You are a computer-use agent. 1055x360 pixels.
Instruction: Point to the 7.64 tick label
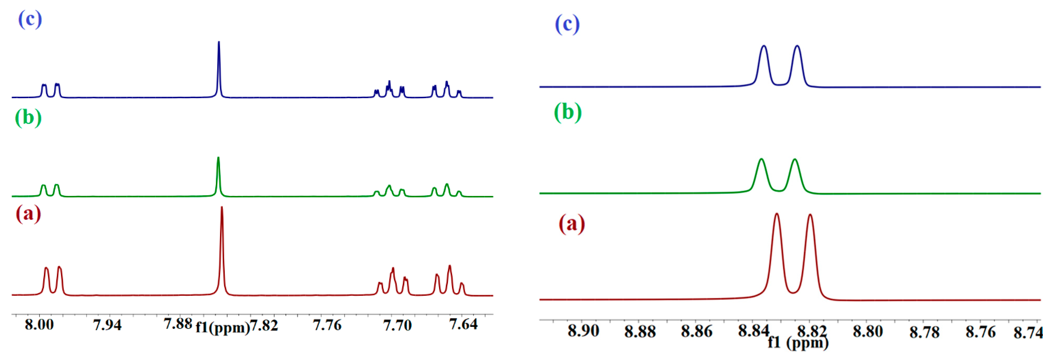point(463,324)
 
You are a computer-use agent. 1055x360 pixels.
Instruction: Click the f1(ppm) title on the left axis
point(222,328)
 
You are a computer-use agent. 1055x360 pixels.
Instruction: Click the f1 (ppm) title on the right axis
point(798,342)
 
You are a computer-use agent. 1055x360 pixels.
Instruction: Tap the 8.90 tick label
point(583,331)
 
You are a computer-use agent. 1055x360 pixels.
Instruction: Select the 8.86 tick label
point(697,331)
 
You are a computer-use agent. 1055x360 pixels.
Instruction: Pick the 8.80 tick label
point(868,331)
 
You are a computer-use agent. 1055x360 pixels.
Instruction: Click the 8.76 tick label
point(981,332)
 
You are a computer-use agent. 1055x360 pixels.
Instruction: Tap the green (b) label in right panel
point(568,112)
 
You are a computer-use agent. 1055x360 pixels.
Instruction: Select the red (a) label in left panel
point(28,214)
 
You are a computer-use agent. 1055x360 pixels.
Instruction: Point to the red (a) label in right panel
point(572,224)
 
